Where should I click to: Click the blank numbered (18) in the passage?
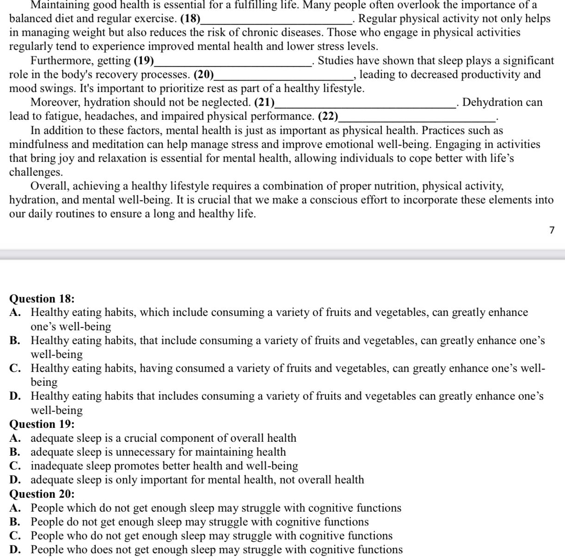pos(190,19)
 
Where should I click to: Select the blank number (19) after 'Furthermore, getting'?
pos(144,61)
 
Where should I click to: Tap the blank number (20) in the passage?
pos(203,74)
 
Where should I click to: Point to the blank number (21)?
pos(264,102)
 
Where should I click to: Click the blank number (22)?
pos(328,116)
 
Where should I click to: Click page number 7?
pos(552,230)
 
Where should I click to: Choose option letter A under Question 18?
pos(15,313)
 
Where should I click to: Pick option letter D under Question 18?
pos(15,396)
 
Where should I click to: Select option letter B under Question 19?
pos(15,452)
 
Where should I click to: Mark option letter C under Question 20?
pos(15,536)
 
